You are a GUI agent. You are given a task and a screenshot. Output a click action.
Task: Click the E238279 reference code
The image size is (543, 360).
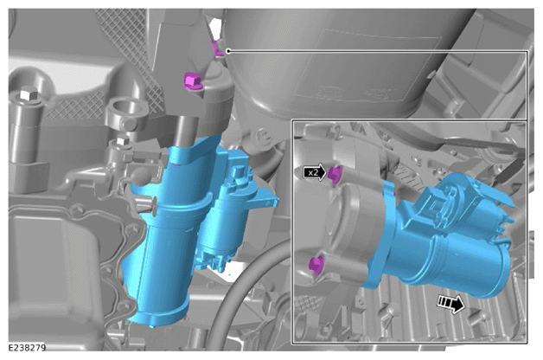click(27, 348)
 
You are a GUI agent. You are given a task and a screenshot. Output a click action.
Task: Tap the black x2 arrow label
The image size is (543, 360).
click(315, 172)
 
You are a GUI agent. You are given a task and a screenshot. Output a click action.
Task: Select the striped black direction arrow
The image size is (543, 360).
click(450, 304)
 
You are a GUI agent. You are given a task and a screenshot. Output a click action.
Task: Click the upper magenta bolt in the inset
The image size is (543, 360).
click(335, 174)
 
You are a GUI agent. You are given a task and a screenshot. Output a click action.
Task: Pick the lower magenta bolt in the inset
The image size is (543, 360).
click(316, 265)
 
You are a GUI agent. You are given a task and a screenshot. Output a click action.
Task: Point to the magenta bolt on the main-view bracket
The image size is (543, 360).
click(191, 81)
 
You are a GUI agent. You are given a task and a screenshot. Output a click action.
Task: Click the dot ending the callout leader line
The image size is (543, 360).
click(228, 51)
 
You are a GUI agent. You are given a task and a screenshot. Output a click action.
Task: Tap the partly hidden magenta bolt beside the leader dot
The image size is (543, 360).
click(218, 48)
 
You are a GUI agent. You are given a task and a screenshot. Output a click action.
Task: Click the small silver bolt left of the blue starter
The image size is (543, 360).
click(122, 141)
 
